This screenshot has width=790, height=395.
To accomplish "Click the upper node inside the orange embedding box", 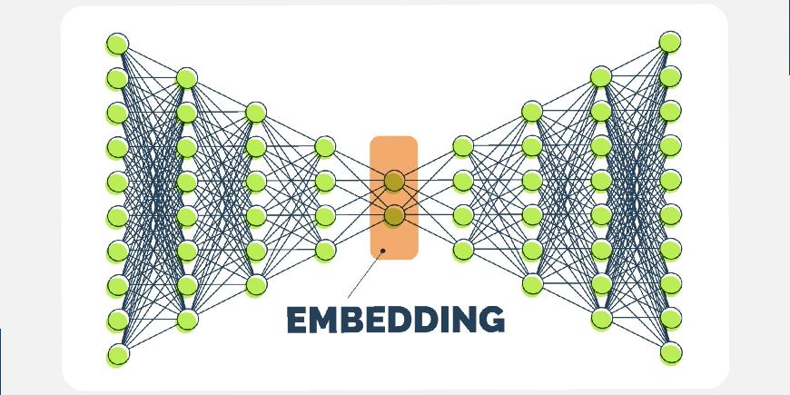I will click(394, 181).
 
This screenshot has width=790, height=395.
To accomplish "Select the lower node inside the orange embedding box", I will click(394, 215).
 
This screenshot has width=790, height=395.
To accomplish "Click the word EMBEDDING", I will click(395, 320).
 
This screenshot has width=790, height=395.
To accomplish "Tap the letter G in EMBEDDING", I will click(489, 320).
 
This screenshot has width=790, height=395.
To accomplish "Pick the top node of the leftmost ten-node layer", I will click(117, 44).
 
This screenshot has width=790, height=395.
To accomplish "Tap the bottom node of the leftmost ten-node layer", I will click(117, 353).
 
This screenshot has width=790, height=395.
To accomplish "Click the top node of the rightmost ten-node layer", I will click(670, 42).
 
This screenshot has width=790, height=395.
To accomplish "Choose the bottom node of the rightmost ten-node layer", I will click(670, 351).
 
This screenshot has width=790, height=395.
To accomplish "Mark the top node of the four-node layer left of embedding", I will click(325, 146).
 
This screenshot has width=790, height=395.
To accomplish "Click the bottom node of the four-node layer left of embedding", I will click(325, 250).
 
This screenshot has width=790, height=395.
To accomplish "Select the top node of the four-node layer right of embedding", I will click(463, 145).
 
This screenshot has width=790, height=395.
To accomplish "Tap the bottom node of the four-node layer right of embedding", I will click(463, 249).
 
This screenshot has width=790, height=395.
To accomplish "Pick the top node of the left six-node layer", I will click(256, 113).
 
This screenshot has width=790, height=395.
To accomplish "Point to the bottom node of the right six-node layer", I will click(532, 284).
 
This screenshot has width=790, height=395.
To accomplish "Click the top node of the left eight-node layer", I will click(186, 78).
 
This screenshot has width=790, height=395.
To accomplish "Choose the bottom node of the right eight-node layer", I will click(601, 318).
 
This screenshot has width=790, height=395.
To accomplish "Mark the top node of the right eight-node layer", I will click(601, 76).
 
